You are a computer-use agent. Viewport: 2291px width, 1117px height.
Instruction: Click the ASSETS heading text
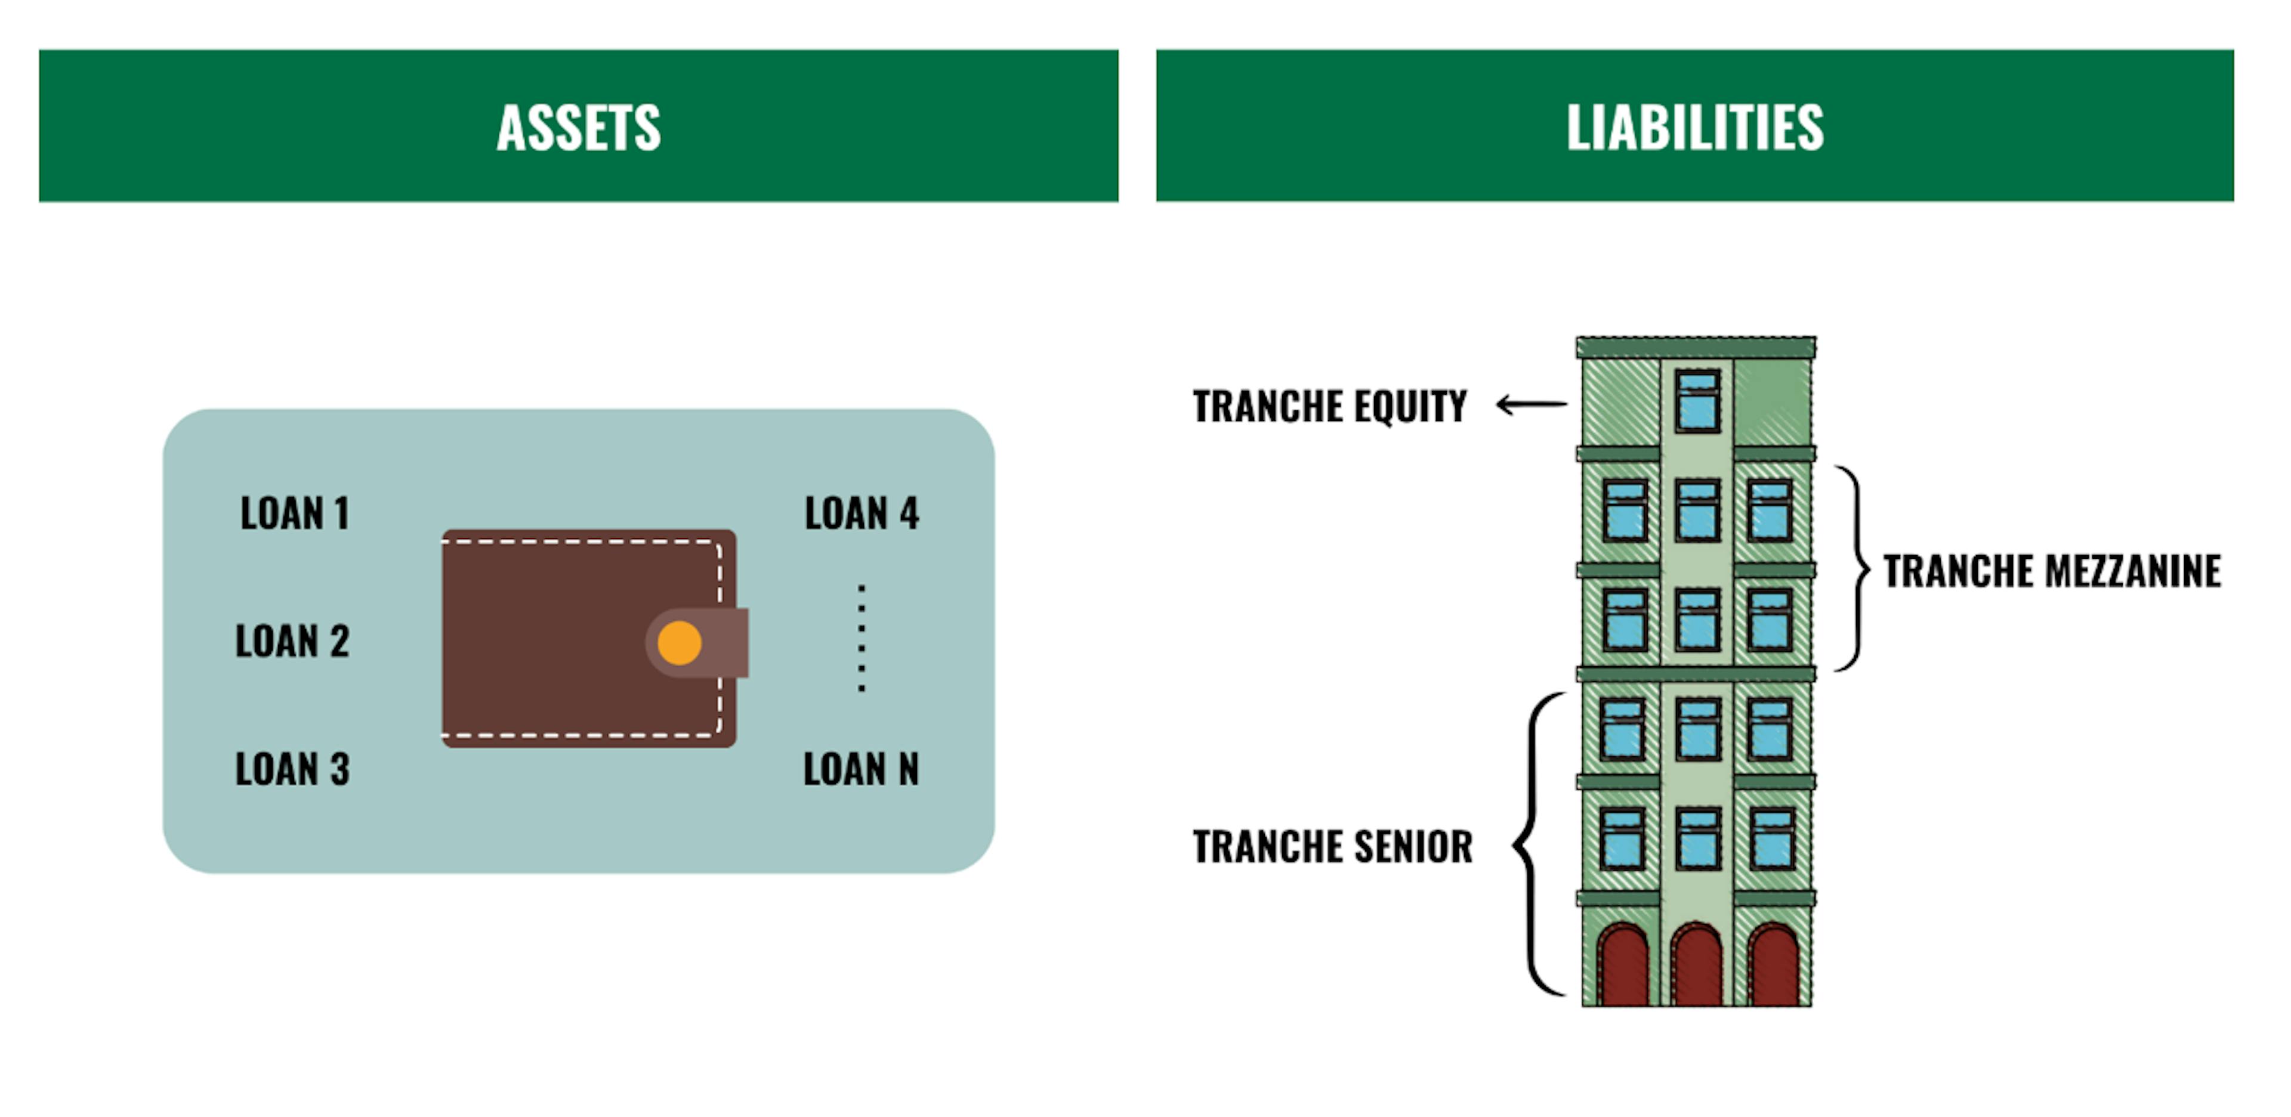[578, 127]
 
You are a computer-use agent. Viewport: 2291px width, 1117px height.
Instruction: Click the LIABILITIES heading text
[1694, 127]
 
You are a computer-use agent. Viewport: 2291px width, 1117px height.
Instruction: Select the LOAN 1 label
[294, 513]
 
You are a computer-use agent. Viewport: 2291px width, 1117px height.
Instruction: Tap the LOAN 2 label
[292, 641]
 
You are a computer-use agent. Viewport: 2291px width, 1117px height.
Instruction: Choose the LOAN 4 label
[861, 513]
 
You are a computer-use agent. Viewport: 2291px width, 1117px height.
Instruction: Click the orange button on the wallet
[680, 642]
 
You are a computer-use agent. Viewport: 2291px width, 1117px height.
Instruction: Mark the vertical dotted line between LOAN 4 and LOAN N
[861, 638]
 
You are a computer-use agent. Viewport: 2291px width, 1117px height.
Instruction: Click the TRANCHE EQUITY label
[1330, 406]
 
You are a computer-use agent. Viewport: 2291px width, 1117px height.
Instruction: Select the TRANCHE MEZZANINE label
[2052, 571]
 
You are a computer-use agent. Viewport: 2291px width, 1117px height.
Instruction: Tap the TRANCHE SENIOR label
[1332, 846]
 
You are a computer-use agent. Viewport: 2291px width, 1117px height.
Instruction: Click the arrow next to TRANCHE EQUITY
[1532, 406]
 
